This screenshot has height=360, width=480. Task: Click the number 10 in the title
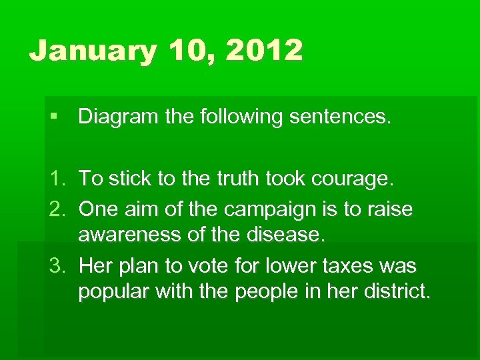(x=181, y=51)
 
